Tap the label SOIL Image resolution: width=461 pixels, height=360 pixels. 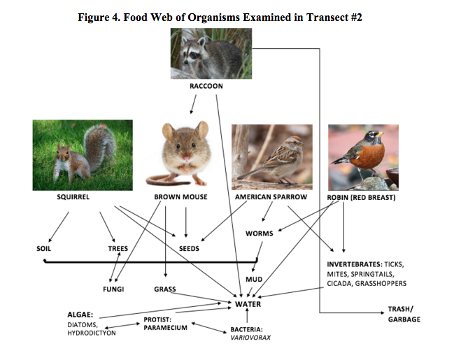44,248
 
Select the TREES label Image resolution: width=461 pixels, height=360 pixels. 118,248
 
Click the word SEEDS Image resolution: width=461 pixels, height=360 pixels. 188,248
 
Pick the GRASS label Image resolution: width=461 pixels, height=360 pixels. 164,289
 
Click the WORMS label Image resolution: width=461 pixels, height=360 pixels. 259,233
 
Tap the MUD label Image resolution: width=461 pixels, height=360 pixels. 254,280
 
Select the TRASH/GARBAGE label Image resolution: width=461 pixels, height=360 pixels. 405,314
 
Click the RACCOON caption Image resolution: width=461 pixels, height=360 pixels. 206,86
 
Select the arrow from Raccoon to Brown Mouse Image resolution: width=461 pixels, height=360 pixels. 190,104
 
